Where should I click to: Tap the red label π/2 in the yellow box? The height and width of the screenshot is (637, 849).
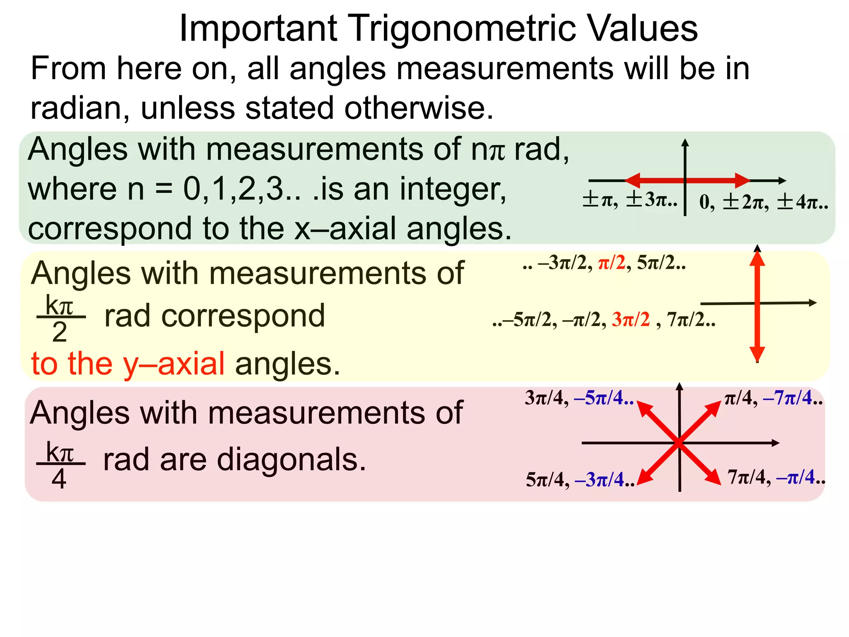click(611, 263)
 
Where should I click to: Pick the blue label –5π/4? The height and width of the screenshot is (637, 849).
click(603, 398)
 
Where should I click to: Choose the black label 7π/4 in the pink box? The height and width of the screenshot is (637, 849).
click(746, 477)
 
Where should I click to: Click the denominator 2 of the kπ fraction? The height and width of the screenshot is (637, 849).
click(60, 332)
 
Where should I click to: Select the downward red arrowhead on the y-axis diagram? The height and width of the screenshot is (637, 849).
click(757, 353)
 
